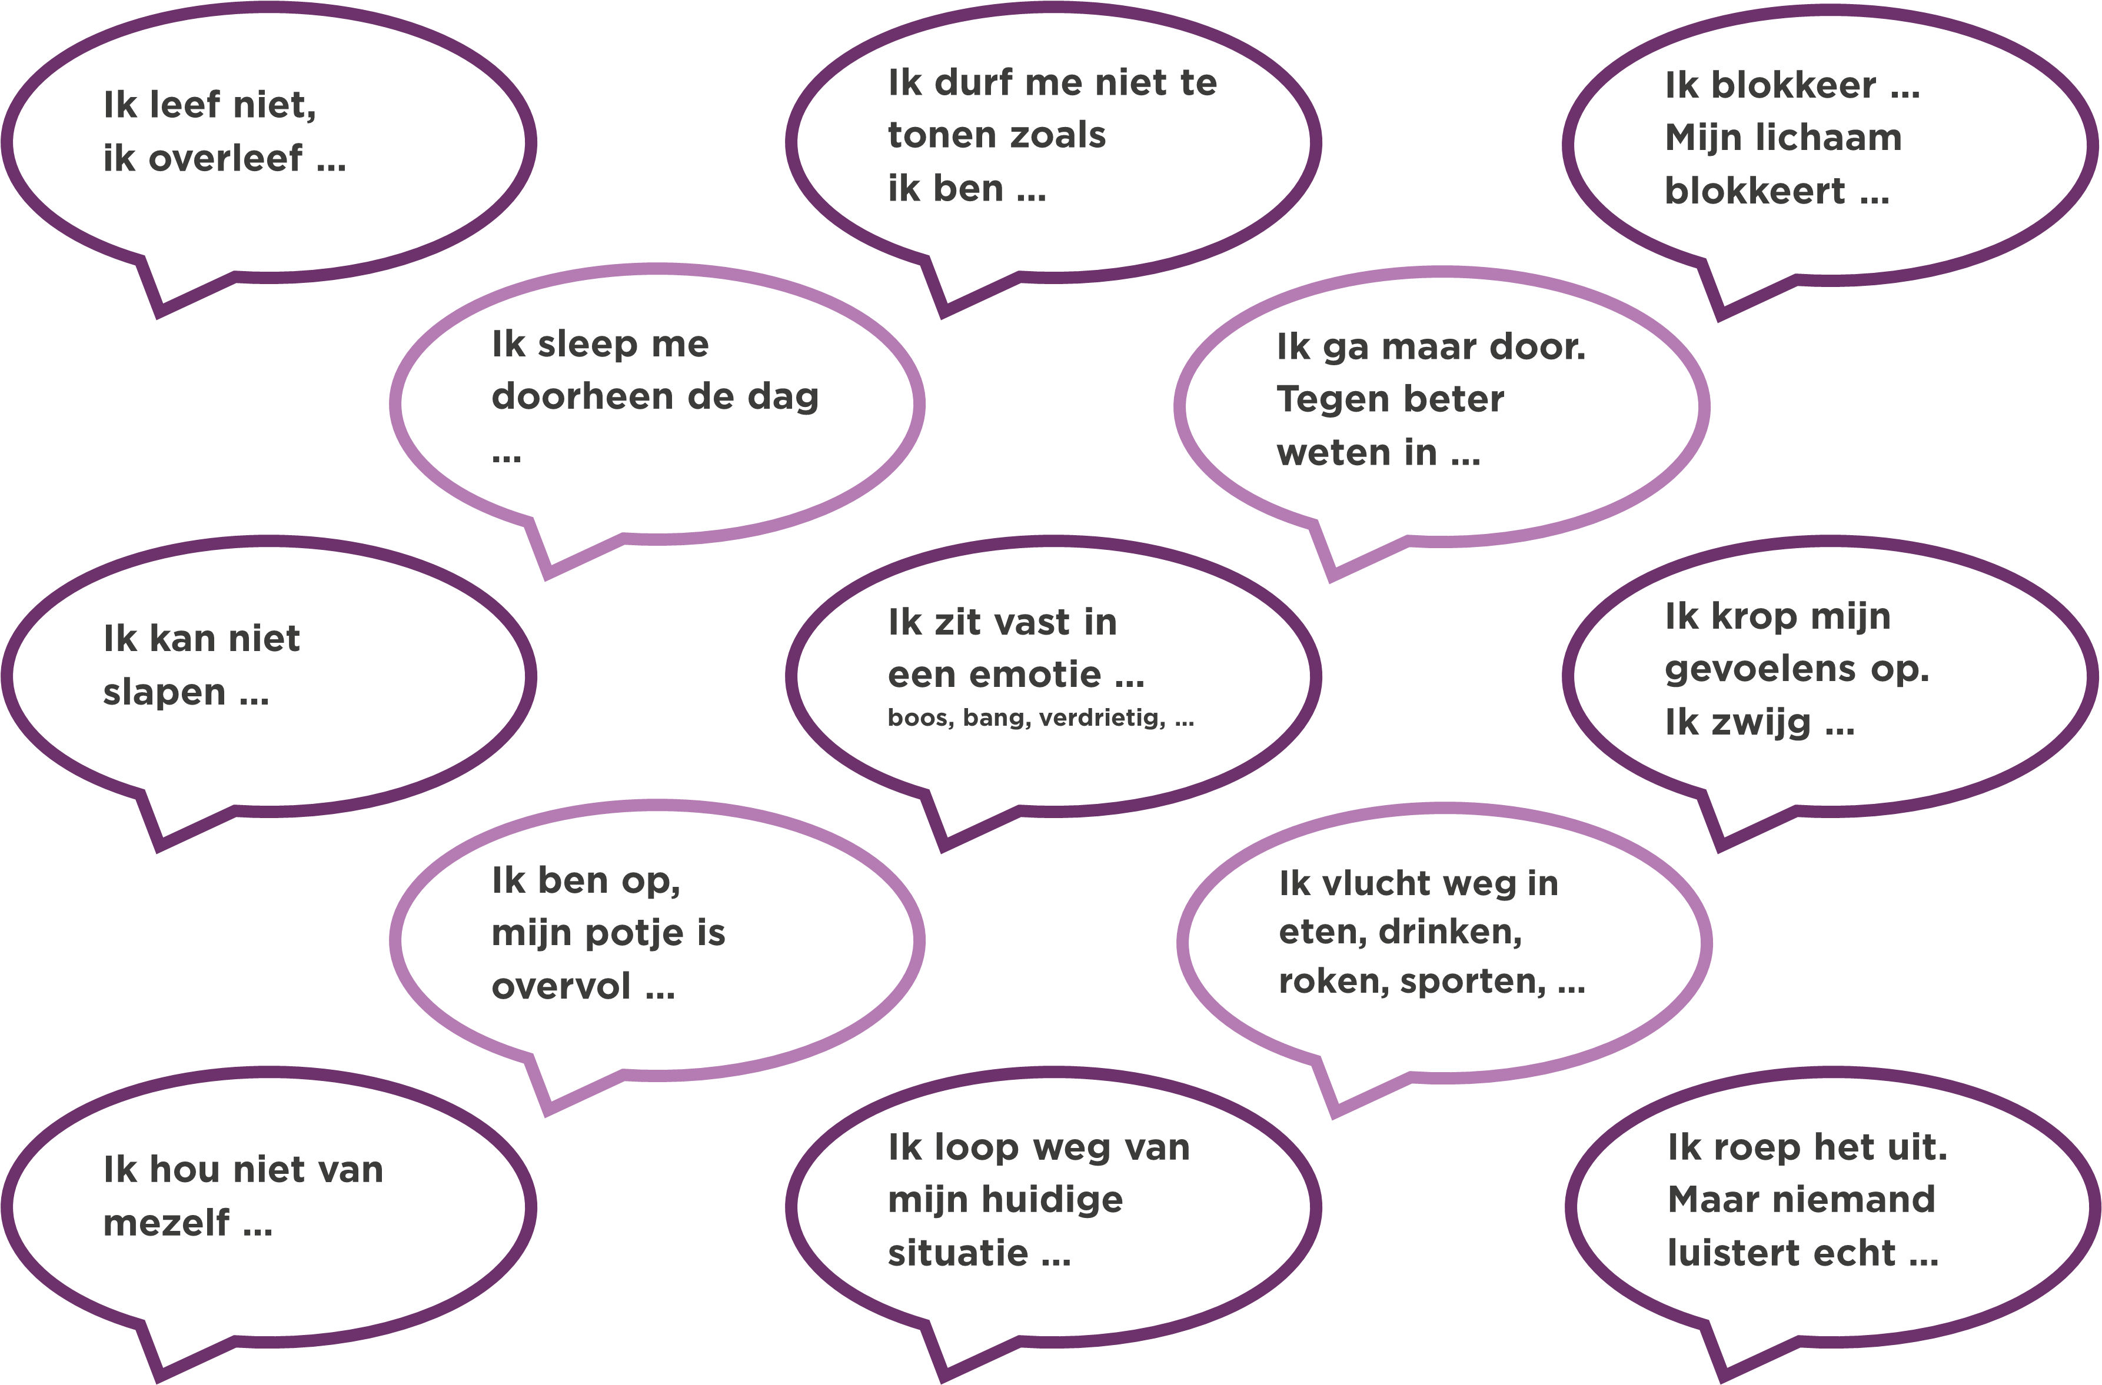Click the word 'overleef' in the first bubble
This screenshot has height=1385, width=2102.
[225, 159]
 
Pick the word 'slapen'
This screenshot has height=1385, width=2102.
[164, 693]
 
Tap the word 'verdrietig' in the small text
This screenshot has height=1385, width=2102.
[1102, 718]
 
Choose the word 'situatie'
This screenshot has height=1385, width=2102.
[958, 1253]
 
